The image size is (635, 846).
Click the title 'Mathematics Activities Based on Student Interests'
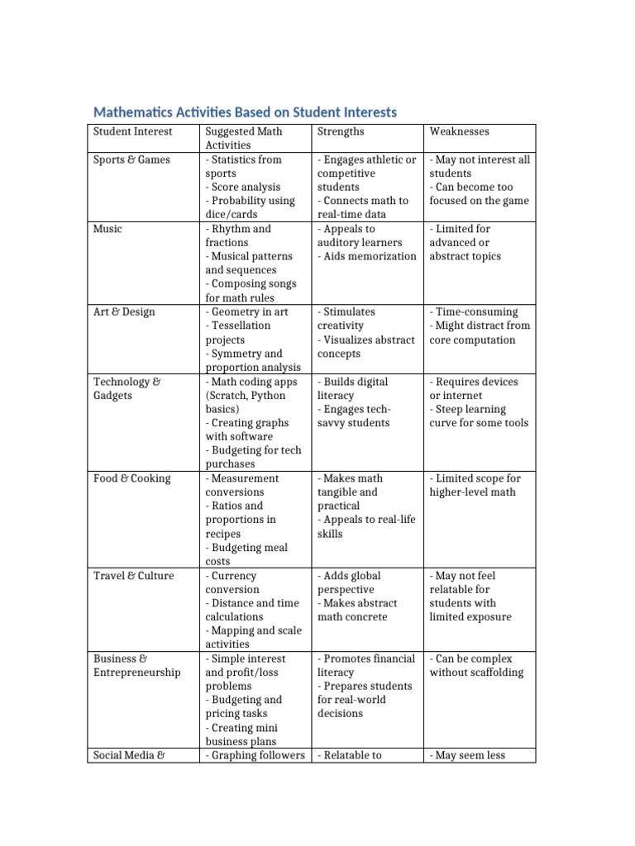(245, 112)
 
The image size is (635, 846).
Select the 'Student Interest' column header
(132, 131)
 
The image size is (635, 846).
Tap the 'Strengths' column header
(341, 131)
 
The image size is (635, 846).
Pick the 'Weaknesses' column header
(459, 131)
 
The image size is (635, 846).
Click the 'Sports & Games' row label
(131, 159)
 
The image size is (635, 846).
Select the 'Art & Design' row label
(124, 312)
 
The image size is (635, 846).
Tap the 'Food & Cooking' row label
(131, 478)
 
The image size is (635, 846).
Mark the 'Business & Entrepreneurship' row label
(136, 665)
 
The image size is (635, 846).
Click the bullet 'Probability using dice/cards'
(250, 207)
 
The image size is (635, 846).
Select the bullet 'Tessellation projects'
(240, 332)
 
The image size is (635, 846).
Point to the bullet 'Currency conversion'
(236, 582)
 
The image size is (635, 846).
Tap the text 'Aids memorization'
(367, 256)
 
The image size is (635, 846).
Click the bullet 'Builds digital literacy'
(352, 388)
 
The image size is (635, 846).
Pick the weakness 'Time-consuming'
(474, 312)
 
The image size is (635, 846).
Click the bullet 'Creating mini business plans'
(244, 734)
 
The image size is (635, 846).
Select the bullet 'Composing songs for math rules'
(251, 290)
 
